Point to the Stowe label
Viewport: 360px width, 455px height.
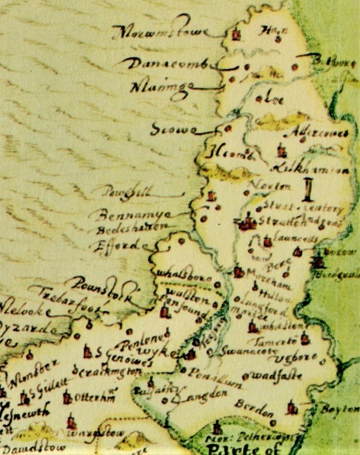pos(168,129)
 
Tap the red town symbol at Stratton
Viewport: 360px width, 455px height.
pos(246,222)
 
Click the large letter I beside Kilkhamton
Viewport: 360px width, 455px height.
pos(307,191)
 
